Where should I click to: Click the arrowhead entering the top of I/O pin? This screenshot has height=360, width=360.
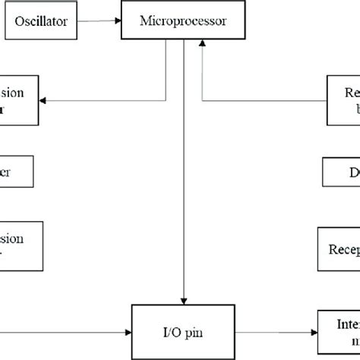pos(184,301)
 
